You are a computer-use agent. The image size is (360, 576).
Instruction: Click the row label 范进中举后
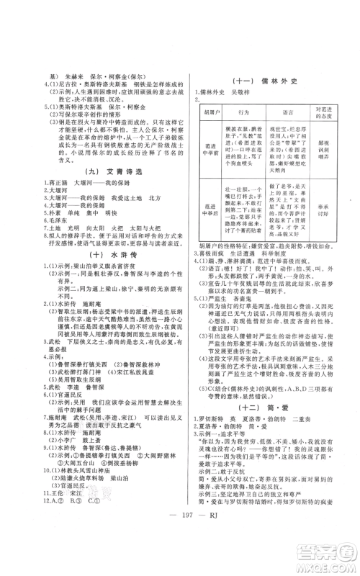coord(212,213)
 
